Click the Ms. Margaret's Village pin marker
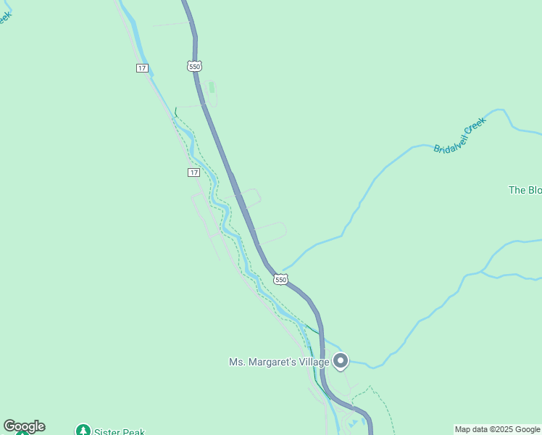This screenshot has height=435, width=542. [x=341, y=360]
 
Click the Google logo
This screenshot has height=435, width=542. [x=24, y=426]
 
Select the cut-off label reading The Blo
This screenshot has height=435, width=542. [x=525, y=190]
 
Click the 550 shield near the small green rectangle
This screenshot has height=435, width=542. [x=193, y=67]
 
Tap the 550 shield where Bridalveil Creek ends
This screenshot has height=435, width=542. [x=280, y=279]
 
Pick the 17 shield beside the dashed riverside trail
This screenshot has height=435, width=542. [x=193, y=172]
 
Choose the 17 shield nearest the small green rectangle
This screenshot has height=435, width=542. [x=142, y=68]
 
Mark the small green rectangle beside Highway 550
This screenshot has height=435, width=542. [x=212, y=88]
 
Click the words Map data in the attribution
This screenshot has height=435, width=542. [x=470, y=430]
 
